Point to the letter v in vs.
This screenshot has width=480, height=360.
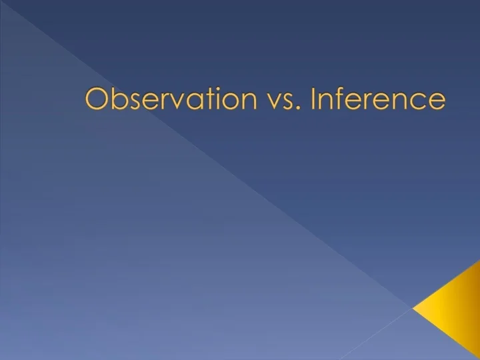click(x=272, y=101)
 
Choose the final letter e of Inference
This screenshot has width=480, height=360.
click(x=437, y=101)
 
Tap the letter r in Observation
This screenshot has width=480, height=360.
click(x=167, y=101)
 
